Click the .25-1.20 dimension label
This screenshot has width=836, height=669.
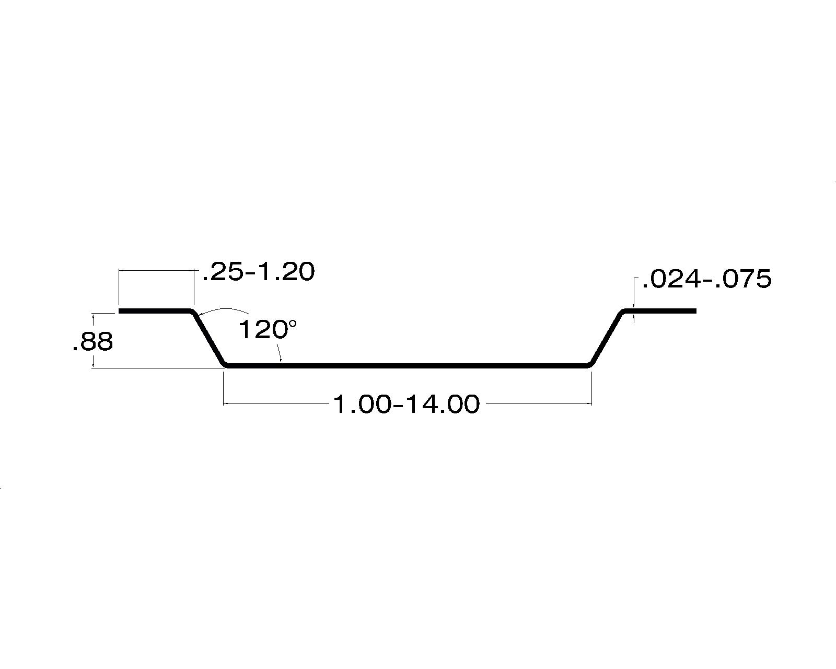tap(259, 272)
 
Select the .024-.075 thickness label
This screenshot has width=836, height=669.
tap(706, 279)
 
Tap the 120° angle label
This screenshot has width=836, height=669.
tap(268, 329)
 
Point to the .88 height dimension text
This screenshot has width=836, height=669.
tap(93, 342)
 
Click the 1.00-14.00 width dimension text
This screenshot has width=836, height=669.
tap(407, 405)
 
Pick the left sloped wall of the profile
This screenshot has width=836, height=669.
tap(208, 338)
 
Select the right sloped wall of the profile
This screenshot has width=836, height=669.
tap(607, 338)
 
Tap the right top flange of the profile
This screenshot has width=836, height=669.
tap(659, 311)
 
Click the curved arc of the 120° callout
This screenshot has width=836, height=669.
tap(224, 309)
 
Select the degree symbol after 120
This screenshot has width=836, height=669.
tap(292, 323)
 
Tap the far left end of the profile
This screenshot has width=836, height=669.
tap(119, 311)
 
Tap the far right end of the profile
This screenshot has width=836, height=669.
tap(695, 311)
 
